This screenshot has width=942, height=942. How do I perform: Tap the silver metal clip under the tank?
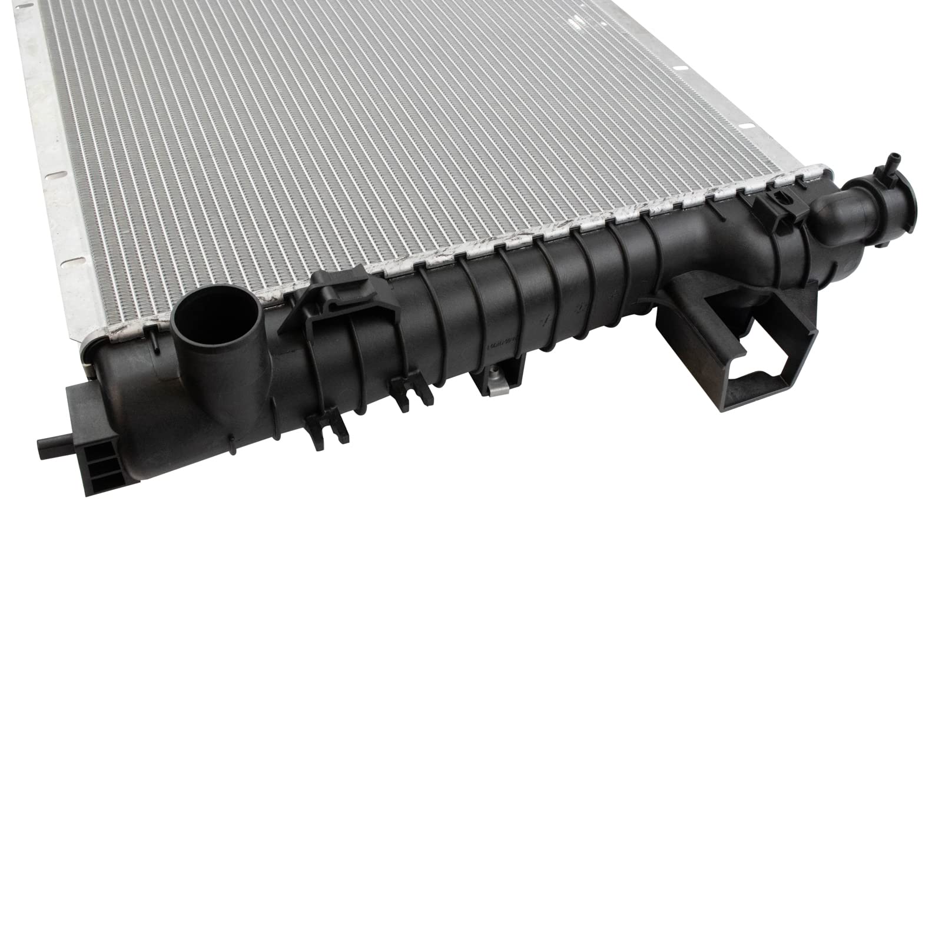pyautogui.click(x=494, y=384)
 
